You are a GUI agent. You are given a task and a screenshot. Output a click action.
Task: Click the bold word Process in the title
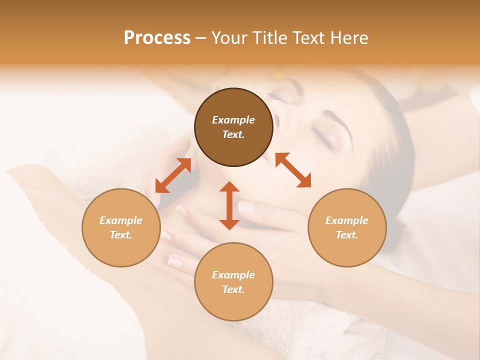157,38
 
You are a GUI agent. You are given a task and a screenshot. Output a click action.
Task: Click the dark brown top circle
233,127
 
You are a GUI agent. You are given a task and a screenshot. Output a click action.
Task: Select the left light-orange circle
121,227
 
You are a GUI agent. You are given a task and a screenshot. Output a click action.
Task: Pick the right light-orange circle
347,227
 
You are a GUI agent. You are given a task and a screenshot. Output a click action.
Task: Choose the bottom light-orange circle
233,281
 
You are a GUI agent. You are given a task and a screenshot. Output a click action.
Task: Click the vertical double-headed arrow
229,205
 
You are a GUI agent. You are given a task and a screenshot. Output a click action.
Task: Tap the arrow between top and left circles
173,175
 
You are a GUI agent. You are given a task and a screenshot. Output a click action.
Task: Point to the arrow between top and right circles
293,170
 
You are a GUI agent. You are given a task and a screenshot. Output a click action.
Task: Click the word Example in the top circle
233,120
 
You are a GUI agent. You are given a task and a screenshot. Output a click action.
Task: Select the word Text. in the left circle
121,235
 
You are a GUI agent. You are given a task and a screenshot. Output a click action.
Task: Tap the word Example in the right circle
347,220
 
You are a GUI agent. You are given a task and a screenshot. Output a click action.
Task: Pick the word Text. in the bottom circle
233,289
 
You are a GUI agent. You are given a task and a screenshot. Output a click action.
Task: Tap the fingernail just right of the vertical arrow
246,206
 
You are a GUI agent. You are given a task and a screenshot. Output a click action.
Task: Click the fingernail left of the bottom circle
176,261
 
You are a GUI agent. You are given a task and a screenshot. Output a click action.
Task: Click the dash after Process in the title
200,38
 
